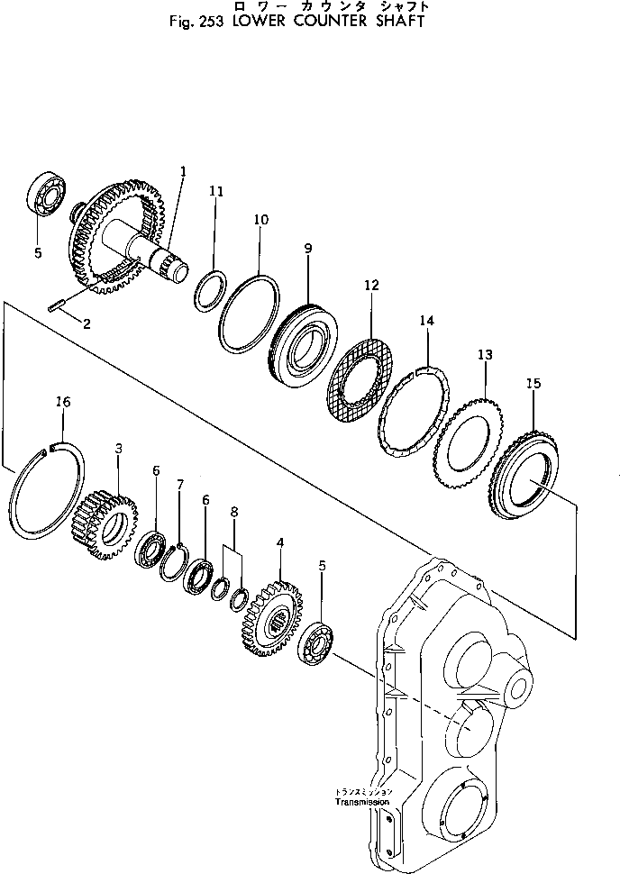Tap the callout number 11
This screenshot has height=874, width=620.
click(215, 191)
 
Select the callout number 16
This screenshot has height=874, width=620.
click(62, 401)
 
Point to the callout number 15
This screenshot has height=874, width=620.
click(533, 384)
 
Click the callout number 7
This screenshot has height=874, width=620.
click(179, 486)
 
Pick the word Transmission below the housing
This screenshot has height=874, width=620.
click(361, 802)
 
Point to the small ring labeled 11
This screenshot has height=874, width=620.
click(211, 293)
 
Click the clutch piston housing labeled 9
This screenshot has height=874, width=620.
click(305, 343)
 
